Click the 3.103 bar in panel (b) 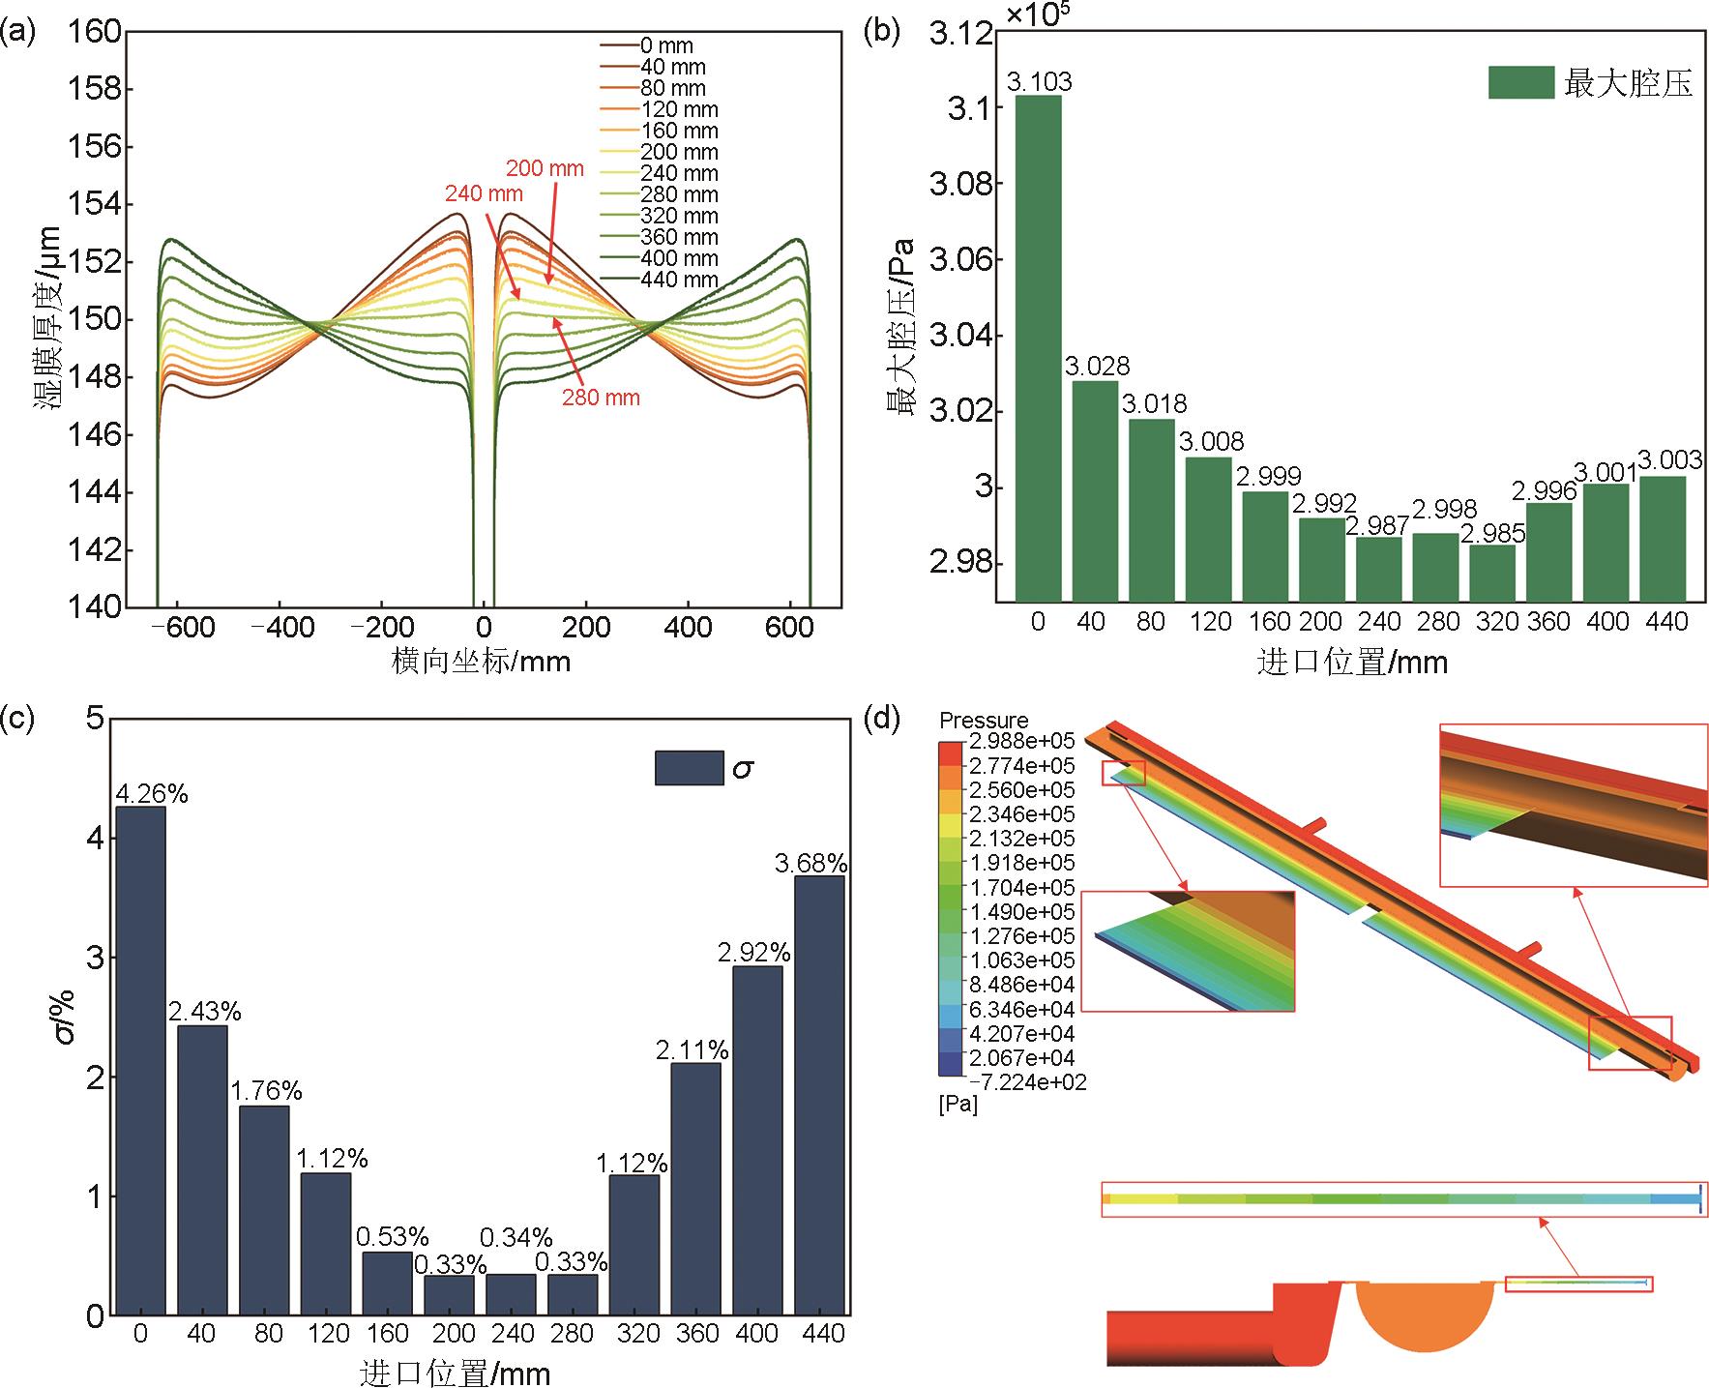1038,348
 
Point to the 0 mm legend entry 666,45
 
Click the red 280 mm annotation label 601,398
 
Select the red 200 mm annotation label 545,168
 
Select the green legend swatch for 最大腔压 1520,83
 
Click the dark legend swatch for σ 689,768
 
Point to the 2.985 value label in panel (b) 1492,533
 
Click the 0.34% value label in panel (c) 516,1237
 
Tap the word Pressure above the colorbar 984,721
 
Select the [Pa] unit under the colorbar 958,1105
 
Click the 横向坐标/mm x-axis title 481,662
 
